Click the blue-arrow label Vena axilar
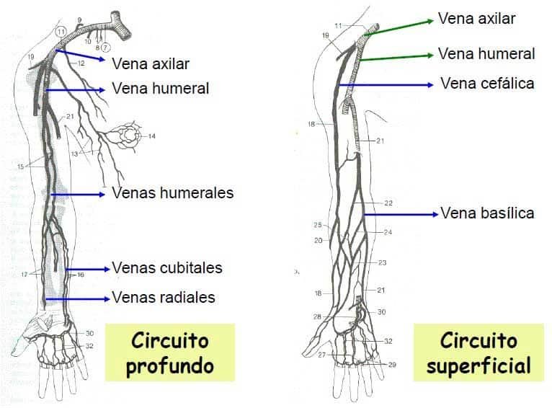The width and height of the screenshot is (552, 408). [151, 63]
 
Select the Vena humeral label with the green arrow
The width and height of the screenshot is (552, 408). [486, 53]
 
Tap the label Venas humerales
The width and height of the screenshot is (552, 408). [172, 193]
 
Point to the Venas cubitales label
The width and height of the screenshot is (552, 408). [166, 268]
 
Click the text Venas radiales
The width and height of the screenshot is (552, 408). [163, 297]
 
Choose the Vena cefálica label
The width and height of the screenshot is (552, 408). [487, 84]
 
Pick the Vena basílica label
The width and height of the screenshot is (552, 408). [487, 213]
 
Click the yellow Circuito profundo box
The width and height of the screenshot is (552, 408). [170, 352]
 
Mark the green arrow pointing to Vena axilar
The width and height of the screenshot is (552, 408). [401, 27]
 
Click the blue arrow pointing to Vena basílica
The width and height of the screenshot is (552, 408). [401, 214]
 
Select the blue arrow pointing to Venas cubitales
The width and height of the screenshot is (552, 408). [87, 269]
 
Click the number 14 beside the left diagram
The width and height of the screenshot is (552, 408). [151, 136]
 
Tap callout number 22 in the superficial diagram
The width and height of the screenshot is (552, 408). [388, 203]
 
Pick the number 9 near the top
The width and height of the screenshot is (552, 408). [79, 19]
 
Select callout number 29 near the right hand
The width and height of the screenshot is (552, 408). [392, 365]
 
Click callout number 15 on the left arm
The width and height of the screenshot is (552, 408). [20, 167]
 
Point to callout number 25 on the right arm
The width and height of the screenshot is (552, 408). [318, 225]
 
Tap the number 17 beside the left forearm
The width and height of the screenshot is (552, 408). [24, 274]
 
